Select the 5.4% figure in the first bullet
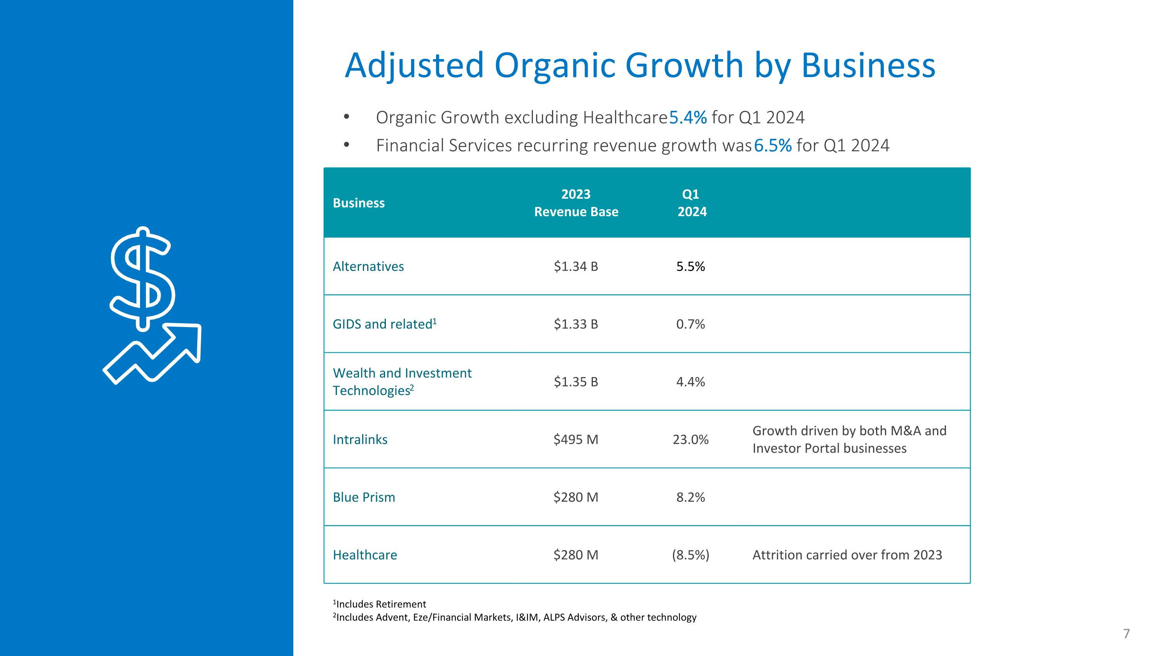tap(688, 118)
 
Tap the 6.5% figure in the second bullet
tap(773, 146)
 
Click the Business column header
tap(358, 203)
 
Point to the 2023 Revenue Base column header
tap(576, 203)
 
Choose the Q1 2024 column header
tap(691, 203)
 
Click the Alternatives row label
tap(368, 266)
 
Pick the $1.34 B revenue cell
tap(576, 266)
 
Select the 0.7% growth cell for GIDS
tap(690, 324)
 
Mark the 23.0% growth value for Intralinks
tap(690, 439)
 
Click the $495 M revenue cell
tap(576, 439)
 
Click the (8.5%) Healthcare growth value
tap(690, 555)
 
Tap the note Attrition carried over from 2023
tap(847, 555)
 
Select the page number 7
tap(1126, 633)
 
